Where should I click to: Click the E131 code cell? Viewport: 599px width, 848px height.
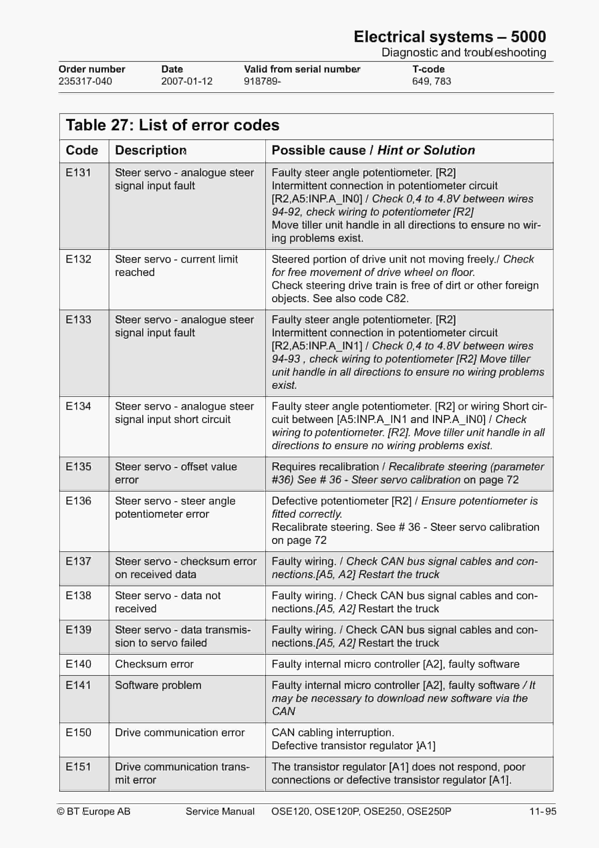[78, 172]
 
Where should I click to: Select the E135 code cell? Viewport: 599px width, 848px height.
[78, 467]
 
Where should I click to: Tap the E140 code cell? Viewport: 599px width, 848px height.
[78, 664]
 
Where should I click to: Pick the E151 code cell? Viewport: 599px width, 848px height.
[78, 766]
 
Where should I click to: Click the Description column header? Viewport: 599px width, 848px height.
[151, 150]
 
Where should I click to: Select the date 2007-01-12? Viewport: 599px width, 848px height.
[187, 81]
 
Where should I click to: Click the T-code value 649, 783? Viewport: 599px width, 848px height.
[431, 81]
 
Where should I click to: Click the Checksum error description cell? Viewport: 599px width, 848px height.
[154, 664]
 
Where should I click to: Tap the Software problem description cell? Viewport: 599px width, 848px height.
[158, 685]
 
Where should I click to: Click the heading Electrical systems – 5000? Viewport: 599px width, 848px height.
[450, 37]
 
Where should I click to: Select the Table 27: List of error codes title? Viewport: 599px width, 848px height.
[172, 125]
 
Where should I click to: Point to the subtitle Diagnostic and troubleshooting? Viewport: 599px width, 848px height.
[463, 52]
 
